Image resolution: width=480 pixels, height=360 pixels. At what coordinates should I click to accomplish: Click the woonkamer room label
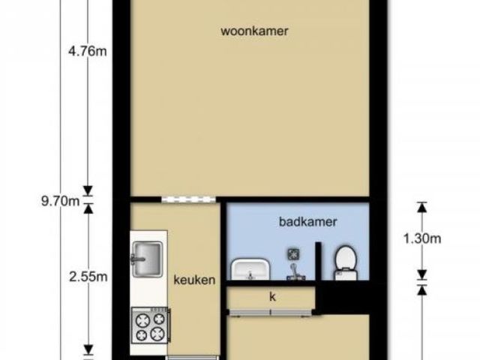[x=254, y=31]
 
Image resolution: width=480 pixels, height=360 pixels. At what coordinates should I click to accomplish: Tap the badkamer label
[x=308, y=222]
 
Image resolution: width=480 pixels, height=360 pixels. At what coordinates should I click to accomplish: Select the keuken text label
[x=194, y=280]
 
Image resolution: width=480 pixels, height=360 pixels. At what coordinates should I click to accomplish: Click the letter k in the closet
[x=272, y=296]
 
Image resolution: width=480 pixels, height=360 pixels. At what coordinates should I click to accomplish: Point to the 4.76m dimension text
[x=88, y=51]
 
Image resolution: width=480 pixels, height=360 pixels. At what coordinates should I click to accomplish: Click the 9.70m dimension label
[x=61, y=202]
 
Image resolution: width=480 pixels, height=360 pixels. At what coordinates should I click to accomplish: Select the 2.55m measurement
[x=88, y=277]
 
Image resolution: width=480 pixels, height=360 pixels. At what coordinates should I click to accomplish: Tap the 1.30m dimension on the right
[x=422, y=238]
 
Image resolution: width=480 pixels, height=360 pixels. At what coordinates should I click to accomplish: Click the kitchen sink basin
[x=147, y=259]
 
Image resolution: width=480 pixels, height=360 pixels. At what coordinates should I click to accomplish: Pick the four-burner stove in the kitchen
[x=150, y=325]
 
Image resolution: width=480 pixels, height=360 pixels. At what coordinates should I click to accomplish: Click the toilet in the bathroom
[x=346, y=262]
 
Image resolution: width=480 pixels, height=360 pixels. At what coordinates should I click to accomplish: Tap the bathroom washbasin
[x=250, y=269]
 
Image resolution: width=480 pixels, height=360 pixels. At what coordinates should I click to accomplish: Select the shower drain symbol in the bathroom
[x=293, y=254]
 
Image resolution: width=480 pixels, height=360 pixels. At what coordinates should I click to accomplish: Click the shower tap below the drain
[x=295, y=272]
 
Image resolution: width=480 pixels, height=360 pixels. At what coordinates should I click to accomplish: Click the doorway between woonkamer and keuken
[x=188, y=200]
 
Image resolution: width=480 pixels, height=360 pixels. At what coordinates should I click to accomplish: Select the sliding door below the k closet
[x=271, y=312]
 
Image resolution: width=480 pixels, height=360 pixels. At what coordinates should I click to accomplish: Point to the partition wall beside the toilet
[x=318, y=261]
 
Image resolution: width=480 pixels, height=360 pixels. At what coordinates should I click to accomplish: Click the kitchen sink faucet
[x=136, y=259]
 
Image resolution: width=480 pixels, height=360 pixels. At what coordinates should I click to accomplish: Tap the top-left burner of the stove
[x=142, y=320]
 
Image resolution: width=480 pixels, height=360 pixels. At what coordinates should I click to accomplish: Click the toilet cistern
[x=346, y=274]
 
